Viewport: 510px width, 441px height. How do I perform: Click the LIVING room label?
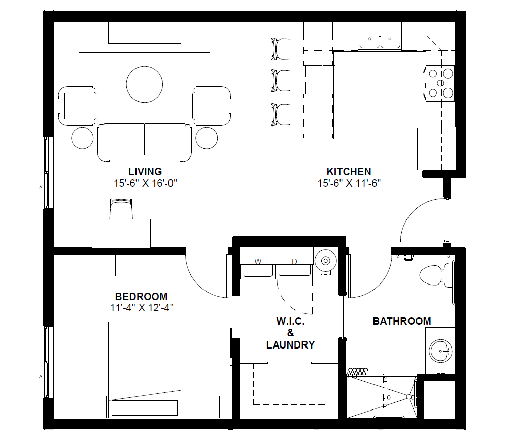point(145,172)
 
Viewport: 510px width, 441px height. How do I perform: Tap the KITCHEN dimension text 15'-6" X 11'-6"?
point(349,183)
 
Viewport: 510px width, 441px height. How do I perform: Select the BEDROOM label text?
point(142,296)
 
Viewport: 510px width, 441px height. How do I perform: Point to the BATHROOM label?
point(402,321)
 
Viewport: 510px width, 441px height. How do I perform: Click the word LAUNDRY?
point(290,344)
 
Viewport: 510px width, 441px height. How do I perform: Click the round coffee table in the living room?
point(145,84)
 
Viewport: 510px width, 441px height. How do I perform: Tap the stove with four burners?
point(440,83)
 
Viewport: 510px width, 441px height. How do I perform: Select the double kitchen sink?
point(380,42)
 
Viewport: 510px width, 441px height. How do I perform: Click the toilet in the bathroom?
point(436,275)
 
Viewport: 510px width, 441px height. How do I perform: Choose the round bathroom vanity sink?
point(440,351)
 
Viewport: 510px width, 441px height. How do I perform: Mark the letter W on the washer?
point(258,261)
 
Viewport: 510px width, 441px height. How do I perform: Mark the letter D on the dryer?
point(294,261)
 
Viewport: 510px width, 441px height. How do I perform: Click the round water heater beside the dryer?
point(326,260)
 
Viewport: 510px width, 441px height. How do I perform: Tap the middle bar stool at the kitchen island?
point(280,80)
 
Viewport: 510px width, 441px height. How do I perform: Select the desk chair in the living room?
point(121,209)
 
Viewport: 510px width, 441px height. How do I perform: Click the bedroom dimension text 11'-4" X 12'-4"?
point(142,308)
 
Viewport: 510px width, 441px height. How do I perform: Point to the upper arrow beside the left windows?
point(41,191)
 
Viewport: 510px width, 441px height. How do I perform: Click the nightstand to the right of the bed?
point(201,407)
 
